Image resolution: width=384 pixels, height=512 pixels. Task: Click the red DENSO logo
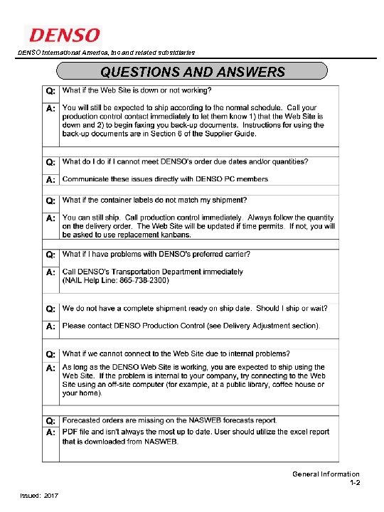tap(64, 34)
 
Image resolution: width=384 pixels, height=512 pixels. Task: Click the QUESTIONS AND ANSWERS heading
tap(193, 72)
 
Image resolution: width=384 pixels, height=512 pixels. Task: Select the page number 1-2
tap(354, 484)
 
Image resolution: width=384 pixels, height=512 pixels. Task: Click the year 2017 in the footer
tap(50, 495)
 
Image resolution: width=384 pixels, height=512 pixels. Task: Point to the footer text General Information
tap(326, 474)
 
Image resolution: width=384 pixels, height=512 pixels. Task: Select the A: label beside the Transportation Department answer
tap(50, 272)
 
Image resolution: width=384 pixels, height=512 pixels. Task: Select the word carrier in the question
tap(236, 254)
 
